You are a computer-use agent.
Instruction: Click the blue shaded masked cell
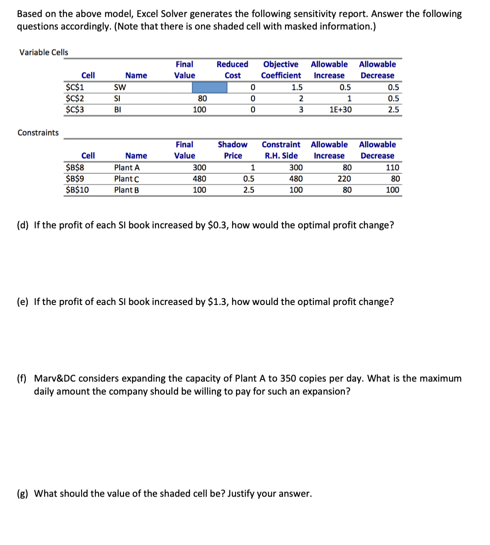click(x=210, y=87)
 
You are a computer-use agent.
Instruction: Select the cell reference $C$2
click(x=75, y=98)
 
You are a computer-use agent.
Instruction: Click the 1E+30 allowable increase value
click(x=340, y=109)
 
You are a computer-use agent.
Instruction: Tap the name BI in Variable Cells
click(x=117, y=109)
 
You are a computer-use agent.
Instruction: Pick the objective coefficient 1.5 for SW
click(x=297, y=87)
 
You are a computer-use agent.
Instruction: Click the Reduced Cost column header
click(x=232, y=70)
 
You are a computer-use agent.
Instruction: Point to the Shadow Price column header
click(x=232, y=150)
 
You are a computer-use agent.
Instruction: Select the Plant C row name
click(x=127, y=179)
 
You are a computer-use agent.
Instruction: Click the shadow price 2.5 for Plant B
click(x=248, y=190)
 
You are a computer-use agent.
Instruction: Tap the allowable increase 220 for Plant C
click(x=344, y=179)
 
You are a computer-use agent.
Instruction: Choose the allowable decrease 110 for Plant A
click(x=392, y=167)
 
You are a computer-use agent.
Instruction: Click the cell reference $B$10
click(x=77, y=190)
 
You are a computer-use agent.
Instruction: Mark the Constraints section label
click(x=38, y=133)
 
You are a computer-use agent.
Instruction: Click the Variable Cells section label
click(x=44, y=52)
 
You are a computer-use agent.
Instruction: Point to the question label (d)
click(x=23, y=225)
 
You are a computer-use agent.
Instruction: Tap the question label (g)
click(x=23, y=494)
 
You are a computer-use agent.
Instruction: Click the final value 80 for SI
click(x=202, y=98)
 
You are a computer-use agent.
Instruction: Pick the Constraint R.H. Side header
click(x=281, y=150)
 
